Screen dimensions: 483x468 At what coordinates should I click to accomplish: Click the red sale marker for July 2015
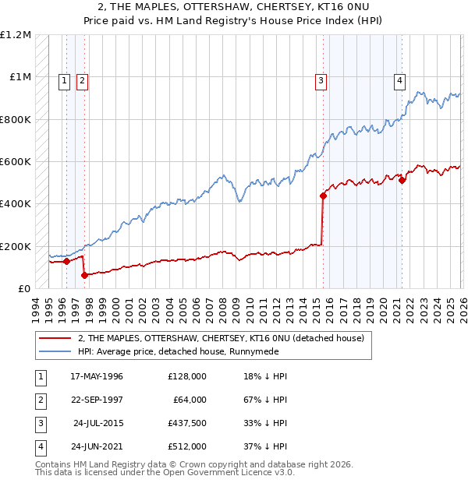[x=323, y=196]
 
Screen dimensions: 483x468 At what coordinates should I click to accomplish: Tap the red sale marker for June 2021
[x=402, y=180]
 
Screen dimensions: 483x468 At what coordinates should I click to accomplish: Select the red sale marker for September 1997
[x=84, y=275]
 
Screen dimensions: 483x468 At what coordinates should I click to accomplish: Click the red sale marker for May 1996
[x=66, y=262]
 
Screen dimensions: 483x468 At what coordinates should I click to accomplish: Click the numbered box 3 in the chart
[x=321, y=79]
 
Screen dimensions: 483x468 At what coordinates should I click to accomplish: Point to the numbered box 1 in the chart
[x=63, y=79]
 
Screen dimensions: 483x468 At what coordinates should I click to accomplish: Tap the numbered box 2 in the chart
[x=82, y=79]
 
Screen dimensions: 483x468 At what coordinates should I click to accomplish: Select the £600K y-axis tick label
[x=16, y=162]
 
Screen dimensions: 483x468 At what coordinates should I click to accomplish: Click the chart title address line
[x=234, y=7]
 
